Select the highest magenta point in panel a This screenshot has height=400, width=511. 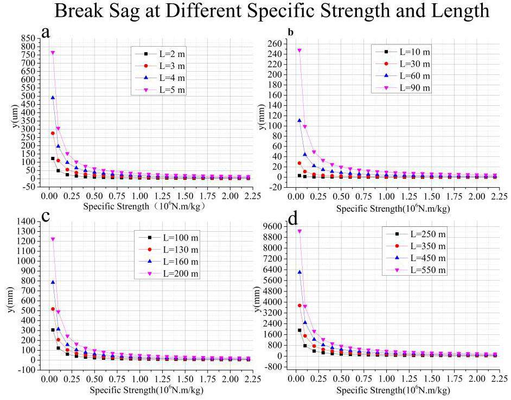pos(53,53)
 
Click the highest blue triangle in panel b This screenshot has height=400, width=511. pos(299,120)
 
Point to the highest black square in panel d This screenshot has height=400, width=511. pos(299,330)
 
